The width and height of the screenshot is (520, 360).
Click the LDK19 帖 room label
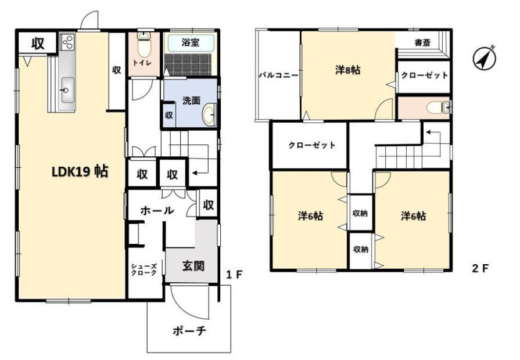click(x=80, y=172)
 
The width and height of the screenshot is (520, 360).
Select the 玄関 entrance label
click(x=193, y=266)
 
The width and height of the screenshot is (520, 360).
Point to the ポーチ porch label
click(x=189, y=332)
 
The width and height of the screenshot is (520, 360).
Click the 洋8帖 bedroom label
click(x=347, y=70)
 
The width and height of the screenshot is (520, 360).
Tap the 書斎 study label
click(x=422, y=42)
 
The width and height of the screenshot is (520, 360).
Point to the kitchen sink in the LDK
click(x=66, y=89)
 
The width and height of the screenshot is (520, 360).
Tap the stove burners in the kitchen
click(x=67, y=42)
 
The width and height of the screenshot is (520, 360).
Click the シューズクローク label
click(x=143, y=268)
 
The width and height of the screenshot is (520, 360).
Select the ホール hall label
click(x=157, y=210)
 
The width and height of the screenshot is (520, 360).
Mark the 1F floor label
click(x=233, y=274)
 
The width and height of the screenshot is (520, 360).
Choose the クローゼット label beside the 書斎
click(x=425, y=75)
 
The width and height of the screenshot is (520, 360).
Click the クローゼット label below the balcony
click(x=311, y=145)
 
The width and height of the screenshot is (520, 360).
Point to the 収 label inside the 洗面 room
click(x=168, y=115)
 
